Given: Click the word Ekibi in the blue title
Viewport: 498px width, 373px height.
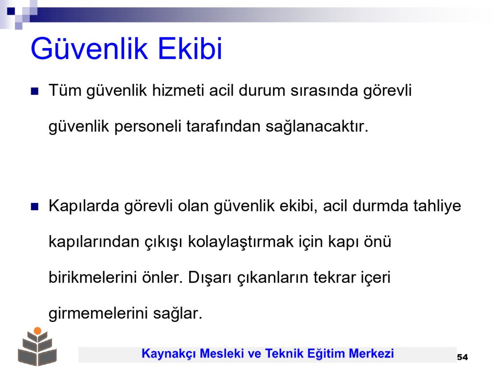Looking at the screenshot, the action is click(x=190, y=49).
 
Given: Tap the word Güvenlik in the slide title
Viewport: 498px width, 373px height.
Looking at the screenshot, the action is click(x=89, y=49).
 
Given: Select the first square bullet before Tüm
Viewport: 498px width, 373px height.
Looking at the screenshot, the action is click(x=35, y=91).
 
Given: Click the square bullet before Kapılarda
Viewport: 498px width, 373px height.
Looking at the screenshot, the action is click(x=35, y=207).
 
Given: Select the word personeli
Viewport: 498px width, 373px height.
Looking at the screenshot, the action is click(x=148, y=127).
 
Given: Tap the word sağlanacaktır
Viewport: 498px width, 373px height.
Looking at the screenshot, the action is click(x=317, y=127).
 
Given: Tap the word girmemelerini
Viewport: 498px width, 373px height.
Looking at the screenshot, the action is click(x=98, y=314).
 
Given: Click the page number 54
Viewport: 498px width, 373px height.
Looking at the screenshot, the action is click(x=462, y=357).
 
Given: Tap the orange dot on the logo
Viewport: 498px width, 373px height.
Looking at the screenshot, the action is click(x=37, y=331).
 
